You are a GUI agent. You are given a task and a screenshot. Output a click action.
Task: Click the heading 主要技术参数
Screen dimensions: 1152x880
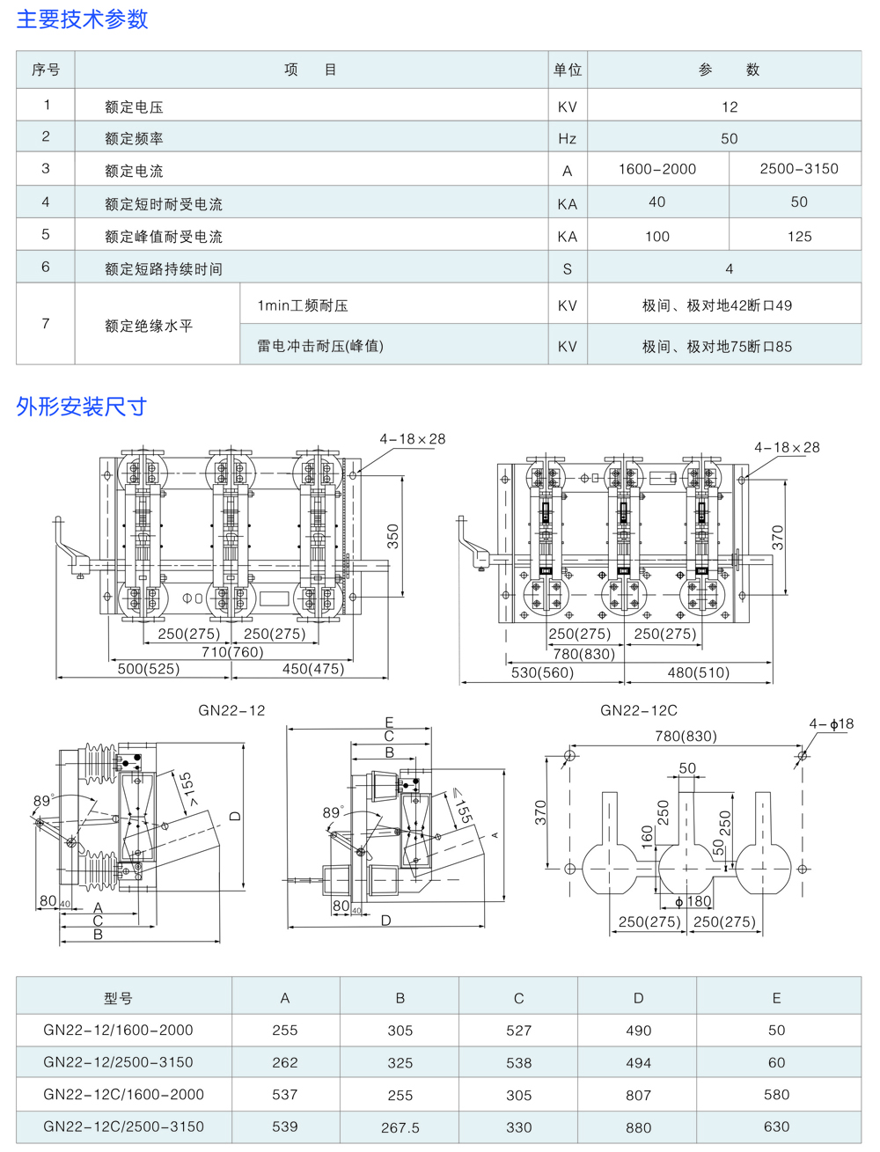point(82,19)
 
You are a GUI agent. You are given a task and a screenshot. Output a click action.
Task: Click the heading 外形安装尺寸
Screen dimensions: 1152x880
point(81,407)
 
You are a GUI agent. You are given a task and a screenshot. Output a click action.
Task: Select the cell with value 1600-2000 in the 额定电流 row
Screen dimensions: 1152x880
point(656,169)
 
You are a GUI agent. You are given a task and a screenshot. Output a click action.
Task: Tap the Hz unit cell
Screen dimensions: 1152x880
point(567,138)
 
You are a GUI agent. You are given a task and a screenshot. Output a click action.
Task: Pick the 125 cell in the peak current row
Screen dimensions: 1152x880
point(799,236)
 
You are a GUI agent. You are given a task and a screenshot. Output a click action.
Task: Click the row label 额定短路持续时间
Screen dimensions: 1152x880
point(163,269)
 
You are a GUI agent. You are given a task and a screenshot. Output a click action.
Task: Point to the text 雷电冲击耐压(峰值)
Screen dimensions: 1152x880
point(320,346)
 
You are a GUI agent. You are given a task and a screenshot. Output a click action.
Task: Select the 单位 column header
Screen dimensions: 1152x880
point(568,70)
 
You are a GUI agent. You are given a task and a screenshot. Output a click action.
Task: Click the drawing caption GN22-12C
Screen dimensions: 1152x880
point(639,710)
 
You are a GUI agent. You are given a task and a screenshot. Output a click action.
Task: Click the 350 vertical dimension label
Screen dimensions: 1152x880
point(393,536)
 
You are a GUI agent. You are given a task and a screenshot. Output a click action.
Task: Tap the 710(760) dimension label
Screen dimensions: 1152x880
point(232,651)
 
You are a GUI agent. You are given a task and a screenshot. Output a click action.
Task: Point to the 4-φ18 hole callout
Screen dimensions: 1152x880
point(831,724)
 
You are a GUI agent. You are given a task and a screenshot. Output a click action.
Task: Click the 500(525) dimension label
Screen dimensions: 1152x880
point(149,669)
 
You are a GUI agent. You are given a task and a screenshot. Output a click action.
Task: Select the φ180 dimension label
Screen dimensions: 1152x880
point(693,902)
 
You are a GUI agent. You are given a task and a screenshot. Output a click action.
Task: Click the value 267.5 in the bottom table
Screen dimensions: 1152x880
point(400,1127)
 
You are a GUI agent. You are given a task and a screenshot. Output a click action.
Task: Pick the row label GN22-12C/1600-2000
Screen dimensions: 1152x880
point(123,1095)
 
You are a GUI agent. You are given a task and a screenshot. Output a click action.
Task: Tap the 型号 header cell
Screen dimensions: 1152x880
point(118,998)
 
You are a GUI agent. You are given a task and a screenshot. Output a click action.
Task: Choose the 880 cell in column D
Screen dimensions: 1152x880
point(638,1127)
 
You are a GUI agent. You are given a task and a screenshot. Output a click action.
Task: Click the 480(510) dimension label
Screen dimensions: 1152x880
point(699,672)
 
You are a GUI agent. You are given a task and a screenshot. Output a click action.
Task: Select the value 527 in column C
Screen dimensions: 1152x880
point(518,1031)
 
